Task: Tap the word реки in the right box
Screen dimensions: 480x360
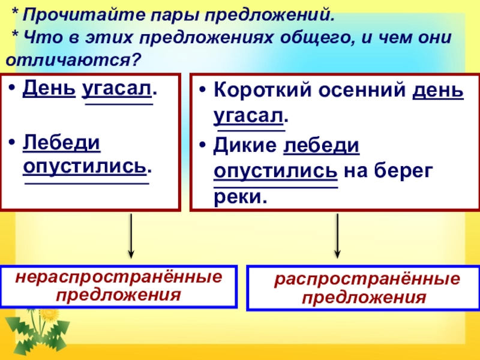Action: point(239,196)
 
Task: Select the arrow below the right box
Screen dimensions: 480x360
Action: point(337,236)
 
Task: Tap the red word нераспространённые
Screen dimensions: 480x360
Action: point(118,278)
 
